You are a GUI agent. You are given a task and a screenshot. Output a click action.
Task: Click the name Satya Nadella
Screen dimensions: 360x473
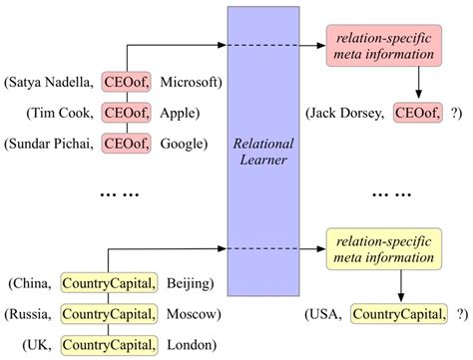[x=51, y=81]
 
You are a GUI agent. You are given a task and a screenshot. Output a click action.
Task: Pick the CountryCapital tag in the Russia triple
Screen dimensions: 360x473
[x=108, y=315]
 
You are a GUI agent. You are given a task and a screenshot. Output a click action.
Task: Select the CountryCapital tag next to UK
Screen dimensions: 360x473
[x=108, y=345]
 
